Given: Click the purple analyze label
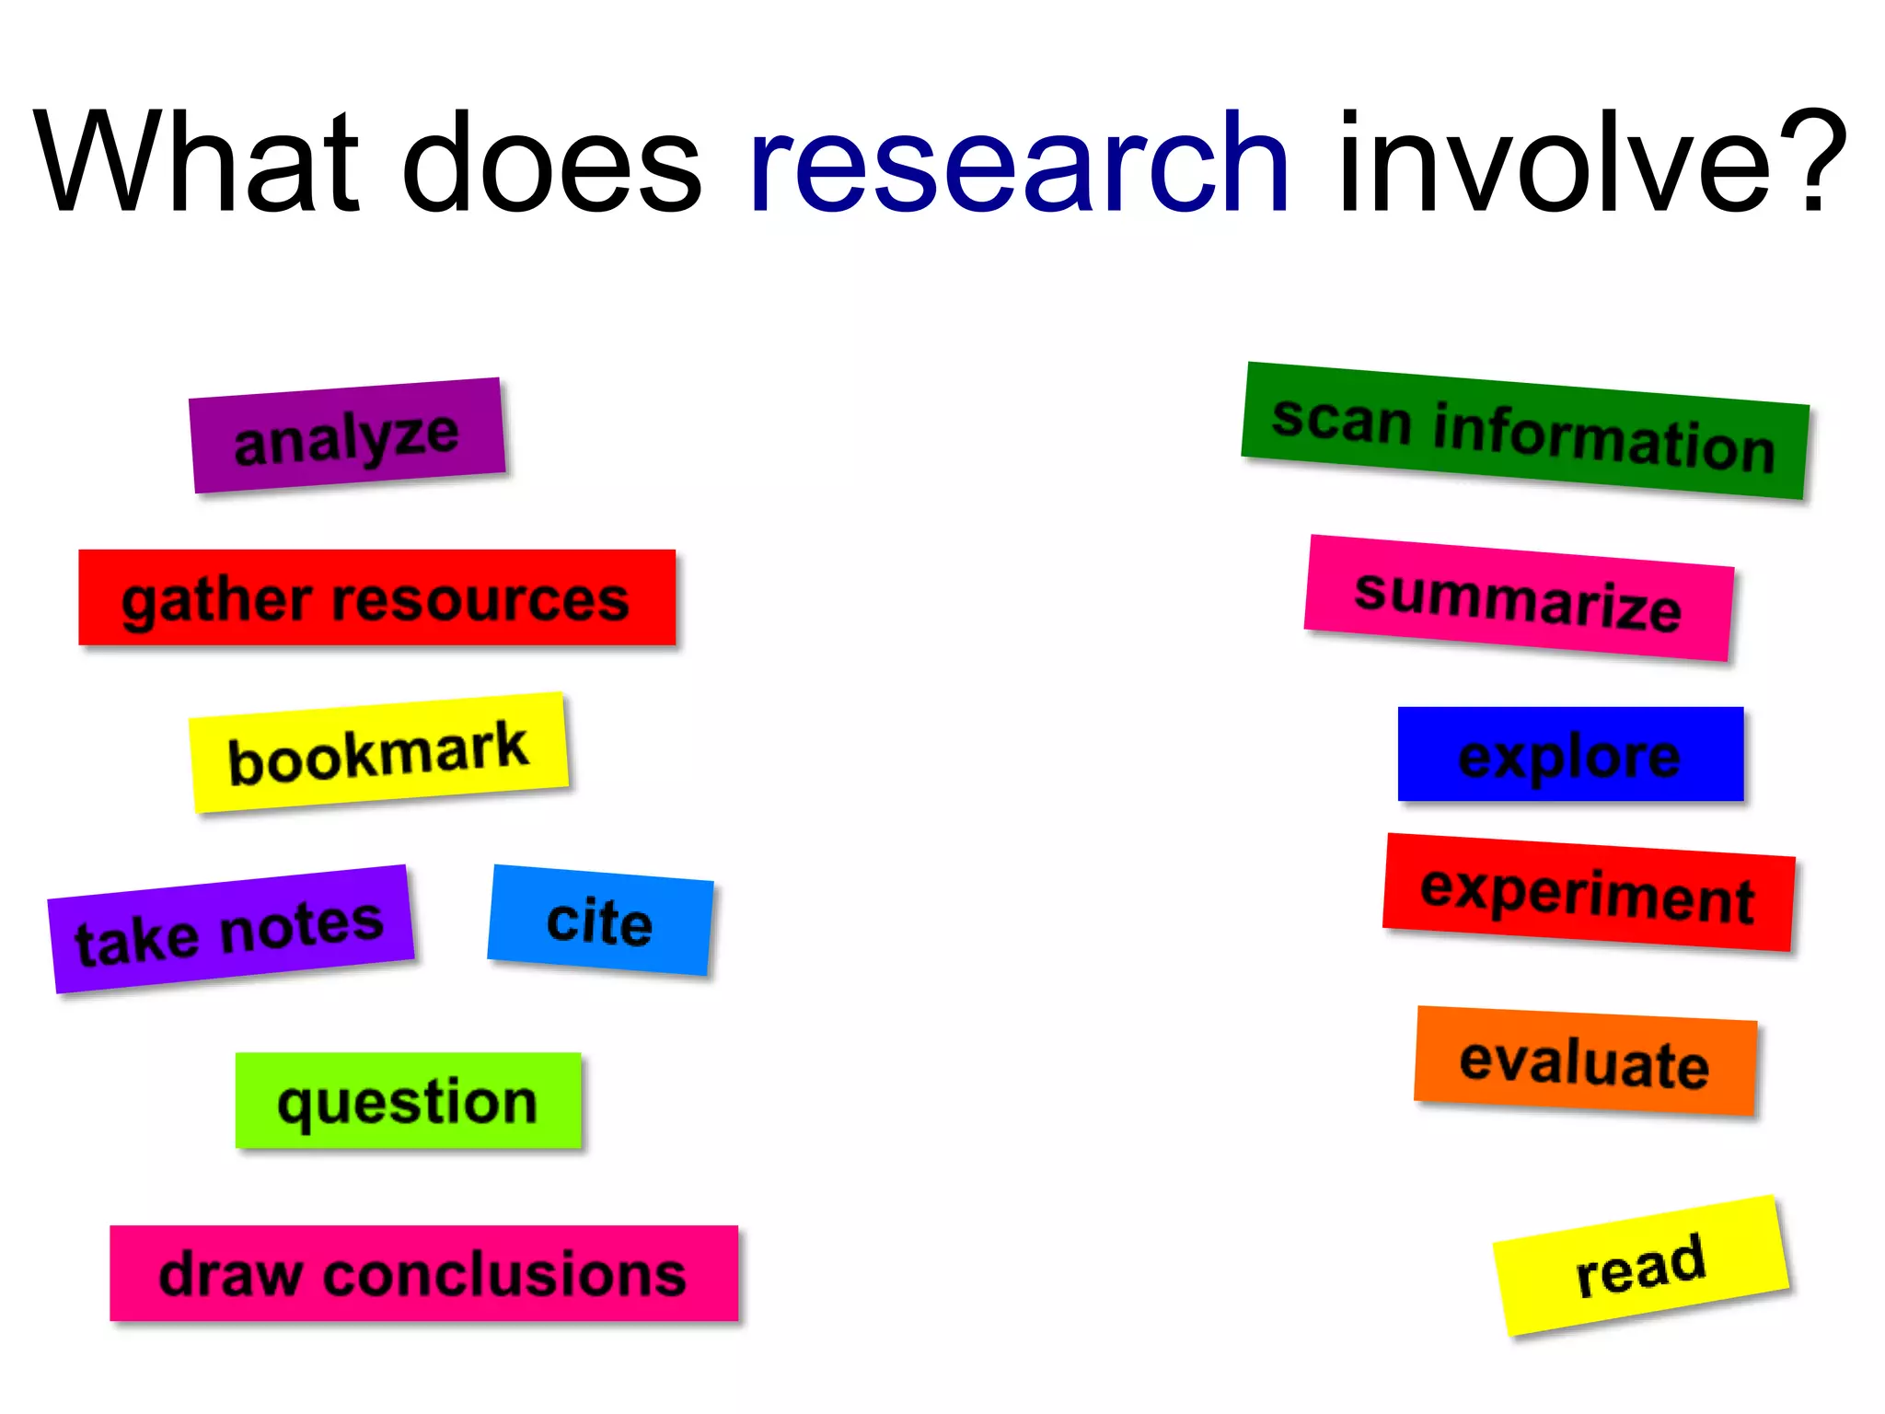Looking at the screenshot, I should (x=347, y=435).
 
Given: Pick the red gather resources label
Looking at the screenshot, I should (x=376, y=598).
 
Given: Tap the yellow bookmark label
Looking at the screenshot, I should (x=378, y=752).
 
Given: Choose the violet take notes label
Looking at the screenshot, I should (x=230, y=930).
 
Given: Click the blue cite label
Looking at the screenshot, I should (x=600, y=920).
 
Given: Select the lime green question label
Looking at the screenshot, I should (x=408, y=1101).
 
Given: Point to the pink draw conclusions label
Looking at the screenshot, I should (x=423, y=1274).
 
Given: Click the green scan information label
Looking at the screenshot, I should (x=1524, y=432).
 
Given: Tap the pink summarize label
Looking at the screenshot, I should (x=1518, y=598).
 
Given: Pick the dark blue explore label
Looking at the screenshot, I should (x=1570, y=755).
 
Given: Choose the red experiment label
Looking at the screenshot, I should (x=1589, y=893).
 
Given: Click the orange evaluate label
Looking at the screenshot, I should (x=1585, y=1061).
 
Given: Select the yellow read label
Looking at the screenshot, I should (x=1640, y=1266).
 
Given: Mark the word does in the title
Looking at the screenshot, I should (x=552, y=163).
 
